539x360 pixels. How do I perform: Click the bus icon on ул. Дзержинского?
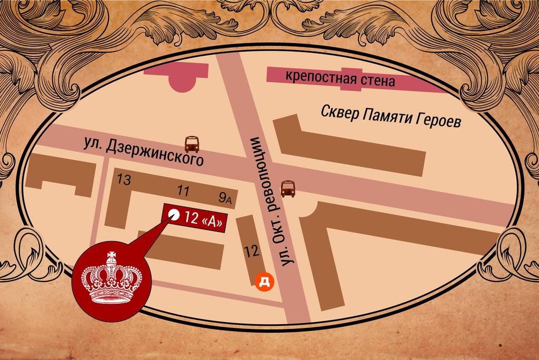[192, 144]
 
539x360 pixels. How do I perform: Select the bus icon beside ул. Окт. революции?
[287, 188]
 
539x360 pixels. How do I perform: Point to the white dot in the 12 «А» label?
[174, 215]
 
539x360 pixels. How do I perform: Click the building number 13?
[124, 180]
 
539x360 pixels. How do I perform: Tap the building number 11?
[184, 190]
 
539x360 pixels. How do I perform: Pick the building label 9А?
[225, 197]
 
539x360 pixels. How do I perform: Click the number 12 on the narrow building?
[252, 251]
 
